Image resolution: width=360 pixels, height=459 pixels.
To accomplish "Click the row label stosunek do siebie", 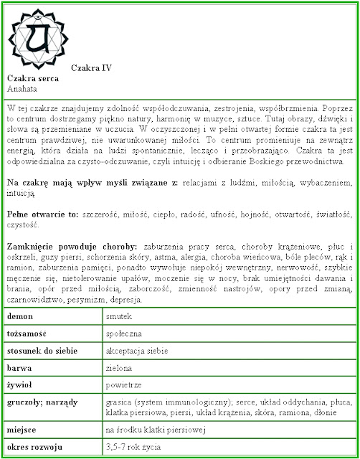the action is pyautogui.click(x=41, y=351).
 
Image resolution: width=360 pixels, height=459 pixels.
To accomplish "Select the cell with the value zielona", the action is pyautogui.click(x=120, y=368).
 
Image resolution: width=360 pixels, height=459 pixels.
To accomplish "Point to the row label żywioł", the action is pyautogui.click(x=22, y=385).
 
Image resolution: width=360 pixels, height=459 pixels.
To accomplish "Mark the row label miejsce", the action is pyautogui.click(x=24, y=430).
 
